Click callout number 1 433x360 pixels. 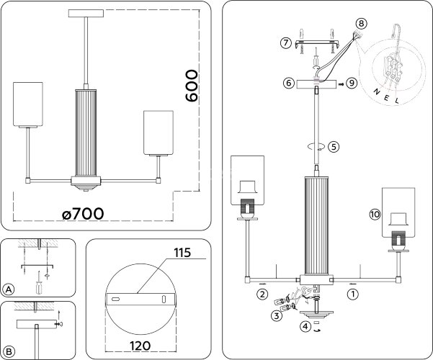[x=352, y=294]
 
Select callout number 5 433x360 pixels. [x=333, y=146]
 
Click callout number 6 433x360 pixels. [x=287, y=84]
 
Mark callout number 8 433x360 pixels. [x=361, y=23]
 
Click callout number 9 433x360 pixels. [x=351, y=84]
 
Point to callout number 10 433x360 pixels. [x=374, y=215]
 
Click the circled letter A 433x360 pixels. [x=9, y=289]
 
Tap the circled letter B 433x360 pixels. [x=9, y=350]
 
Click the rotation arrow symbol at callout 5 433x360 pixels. [x=314, y=146]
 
